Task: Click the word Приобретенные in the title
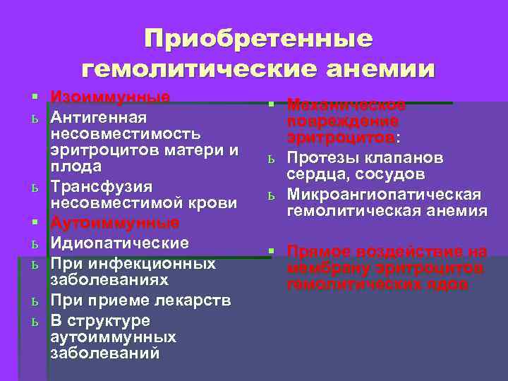click(x=258, y=39)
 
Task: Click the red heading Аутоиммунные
click(x=115, y=224)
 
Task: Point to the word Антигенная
click(x=98, y=116)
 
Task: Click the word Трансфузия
click(x=102, y=186)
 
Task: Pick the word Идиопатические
click(x=119, y=243)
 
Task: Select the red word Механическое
click(x=346, y=105)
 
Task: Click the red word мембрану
click(x=327, y=268)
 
